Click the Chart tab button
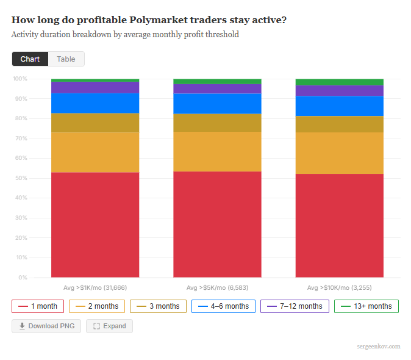point(30,59)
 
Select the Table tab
point(66,59)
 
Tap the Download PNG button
point(46,326)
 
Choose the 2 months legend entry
point(97,306)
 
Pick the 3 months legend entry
point(158,306)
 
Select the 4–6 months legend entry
point(223,306)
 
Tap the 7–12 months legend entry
point(295,306)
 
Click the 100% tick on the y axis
point(20,79)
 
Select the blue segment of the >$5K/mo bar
point(217,104)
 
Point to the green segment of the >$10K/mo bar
point(340,82)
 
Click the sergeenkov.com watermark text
point(379,347)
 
